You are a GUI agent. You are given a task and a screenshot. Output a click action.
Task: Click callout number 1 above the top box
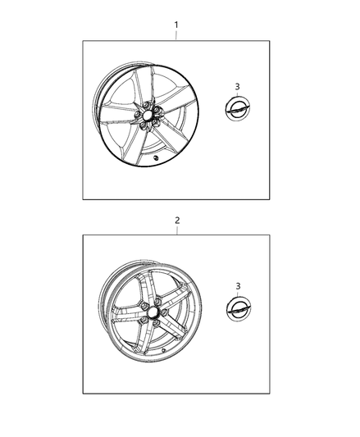[176, 25]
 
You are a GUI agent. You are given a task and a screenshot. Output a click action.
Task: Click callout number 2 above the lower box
[177, 221]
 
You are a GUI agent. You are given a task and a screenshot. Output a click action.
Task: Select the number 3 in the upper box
[237, 87]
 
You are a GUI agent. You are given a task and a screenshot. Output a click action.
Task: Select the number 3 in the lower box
[238, 286]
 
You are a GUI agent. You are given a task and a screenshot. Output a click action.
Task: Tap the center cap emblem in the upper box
[237, 108]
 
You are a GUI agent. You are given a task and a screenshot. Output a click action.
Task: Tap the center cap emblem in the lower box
[239, 307]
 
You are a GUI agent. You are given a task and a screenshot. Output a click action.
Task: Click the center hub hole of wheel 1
[148, 115]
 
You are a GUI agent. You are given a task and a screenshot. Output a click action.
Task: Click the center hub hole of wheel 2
[152, 312]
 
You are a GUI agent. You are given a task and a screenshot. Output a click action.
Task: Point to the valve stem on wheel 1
[156, 158]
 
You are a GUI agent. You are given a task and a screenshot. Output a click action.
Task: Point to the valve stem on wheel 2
[164, 350]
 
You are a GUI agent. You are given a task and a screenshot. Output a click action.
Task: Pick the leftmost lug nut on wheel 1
[138, 116]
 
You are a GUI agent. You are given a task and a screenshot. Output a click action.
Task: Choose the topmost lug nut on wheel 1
[145, 105]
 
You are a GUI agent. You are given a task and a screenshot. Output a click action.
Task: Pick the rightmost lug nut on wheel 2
[164, 312]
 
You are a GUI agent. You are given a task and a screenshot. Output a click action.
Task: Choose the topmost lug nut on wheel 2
[157, 301]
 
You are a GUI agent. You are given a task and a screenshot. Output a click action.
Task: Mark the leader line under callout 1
[176, 35]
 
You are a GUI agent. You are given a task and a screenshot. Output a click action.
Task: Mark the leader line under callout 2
[177, 230]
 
